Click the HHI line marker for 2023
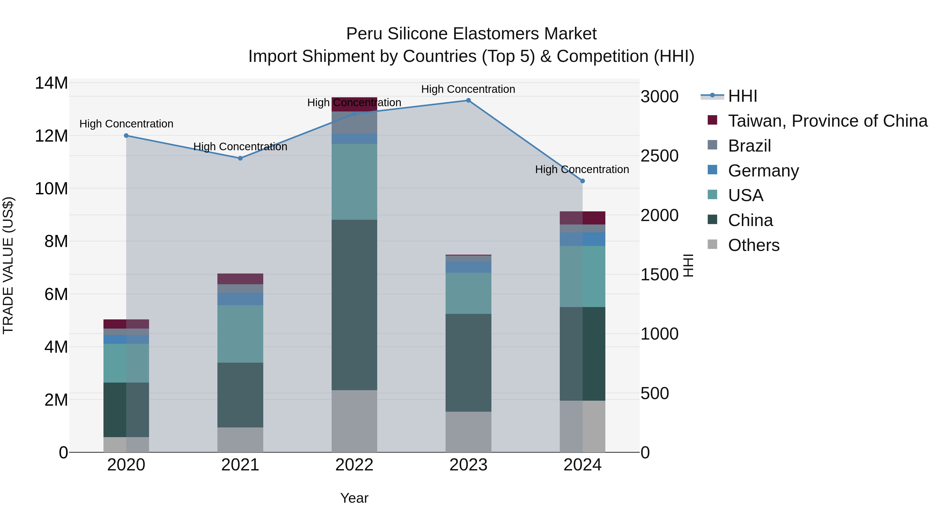pos(468,100)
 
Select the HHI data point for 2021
pos(240,158)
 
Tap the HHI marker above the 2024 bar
pos(582,181)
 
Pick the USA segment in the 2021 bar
pos(240,334)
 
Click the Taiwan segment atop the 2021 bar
pos(240,279)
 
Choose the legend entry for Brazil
pos(749,146)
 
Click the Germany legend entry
pos(763,171)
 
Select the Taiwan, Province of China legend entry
pos(827,121)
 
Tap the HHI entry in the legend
pos(742,96)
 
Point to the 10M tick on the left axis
pos(51,189)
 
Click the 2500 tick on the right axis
pos(659,156)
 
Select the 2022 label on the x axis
pos(354,465)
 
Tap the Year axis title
pos(354,498)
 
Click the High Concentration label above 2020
pos(126,124)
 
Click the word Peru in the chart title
pos(364,34)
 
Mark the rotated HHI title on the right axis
pos(688,265)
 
